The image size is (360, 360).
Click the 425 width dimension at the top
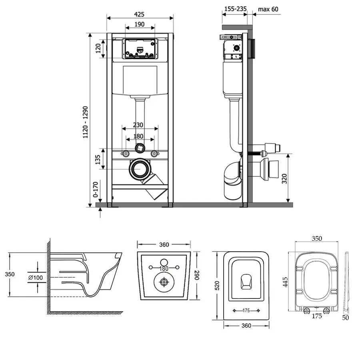click(x=139, y=14)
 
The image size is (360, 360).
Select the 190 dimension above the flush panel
click(x=140, y=24)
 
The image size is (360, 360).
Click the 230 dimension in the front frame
click(x=139, y=125)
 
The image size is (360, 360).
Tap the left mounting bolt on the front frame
click(x=126, y=154)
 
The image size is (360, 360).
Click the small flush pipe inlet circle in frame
click(x=139, y=148)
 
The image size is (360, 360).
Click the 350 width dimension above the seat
click(x=316, y=238)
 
